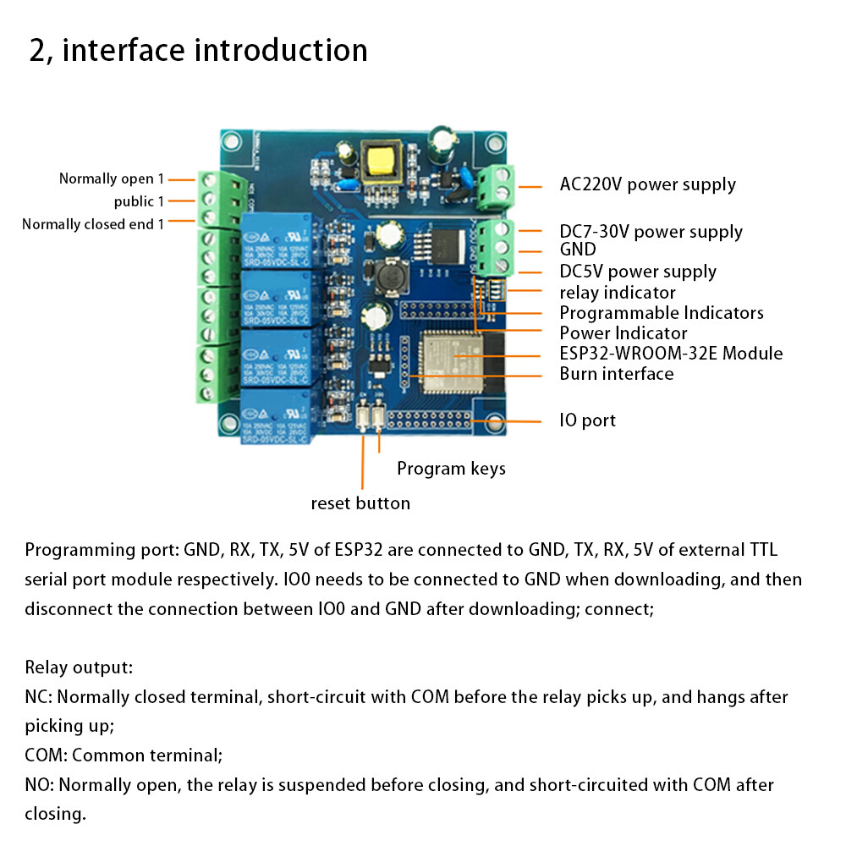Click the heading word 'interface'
pyautogui.click(x=124, y=50)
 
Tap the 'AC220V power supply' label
pyautogui.click(x=647, y=184)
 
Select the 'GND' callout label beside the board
pyautogui.click(x=577, y=250)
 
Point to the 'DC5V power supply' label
pyautogui.click(x=637, y=272)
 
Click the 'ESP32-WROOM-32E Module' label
pyautogui.click(x=670, y=354)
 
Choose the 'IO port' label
pyautogui.click(x=587, y=420)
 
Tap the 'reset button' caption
pyautogui.click(x=360, y=503)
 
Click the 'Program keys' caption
pyautogui.click(x=451, y=469)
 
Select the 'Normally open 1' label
pyautogui.click(x=111, y=179)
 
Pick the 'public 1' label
pyautogui.click(x=139, y=201)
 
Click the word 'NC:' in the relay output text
pyautogui.click(x=40, y=698)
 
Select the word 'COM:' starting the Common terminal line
pyautogui.click(x=47, y=755)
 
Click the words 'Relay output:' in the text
pyautogui.click(x=79, y=667)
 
